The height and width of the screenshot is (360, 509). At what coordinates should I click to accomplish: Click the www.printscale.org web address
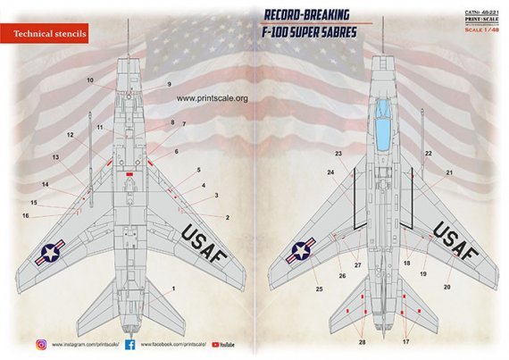click(211, 98)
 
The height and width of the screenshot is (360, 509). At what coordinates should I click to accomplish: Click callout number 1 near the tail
click(172, 287)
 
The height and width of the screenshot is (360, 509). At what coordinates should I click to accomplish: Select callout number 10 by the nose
click(90, 80)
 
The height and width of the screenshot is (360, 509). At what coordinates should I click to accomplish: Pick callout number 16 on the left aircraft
click(26, 216)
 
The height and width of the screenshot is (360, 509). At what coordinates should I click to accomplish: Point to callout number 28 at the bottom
click(362, 342)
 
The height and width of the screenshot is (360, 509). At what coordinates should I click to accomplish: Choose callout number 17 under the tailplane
click(408, 342)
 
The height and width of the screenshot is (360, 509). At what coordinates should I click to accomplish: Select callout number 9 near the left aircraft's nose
click(168, 85)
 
